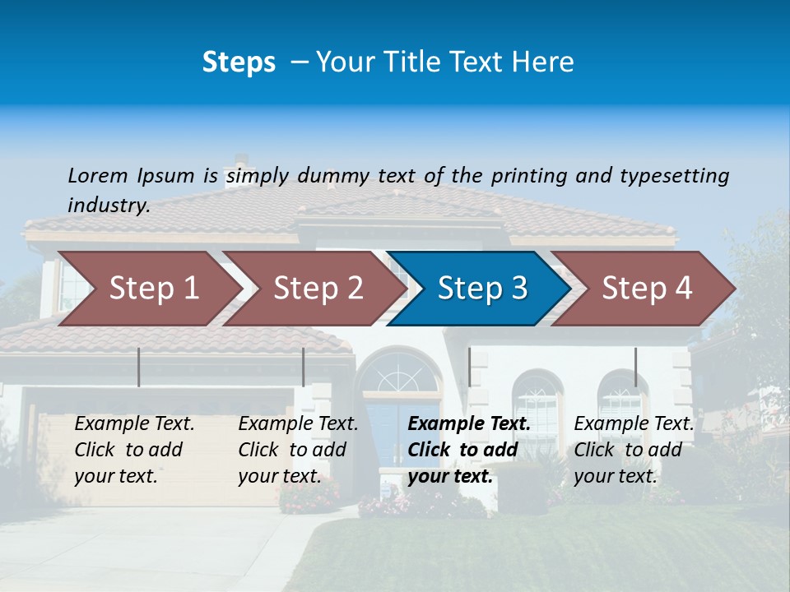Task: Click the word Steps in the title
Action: click(239, 62)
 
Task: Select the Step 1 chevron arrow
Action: click(148, 288)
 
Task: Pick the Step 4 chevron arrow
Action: click(646, 288)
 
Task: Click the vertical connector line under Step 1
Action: click(139, 367)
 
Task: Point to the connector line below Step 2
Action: click(304, 367)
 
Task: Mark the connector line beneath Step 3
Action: click(469, 367)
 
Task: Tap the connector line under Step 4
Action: click(635, 367)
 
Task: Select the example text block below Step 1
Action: click(134, 450)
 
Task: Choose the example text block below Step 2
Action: click(298, 450)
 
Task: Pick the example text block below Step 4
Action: click(634, 450)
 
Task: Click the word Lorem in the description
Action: click(98, 175)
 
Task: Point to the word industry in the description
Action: click(108, 205)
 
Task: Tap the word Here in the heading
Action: click(543, 62)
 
